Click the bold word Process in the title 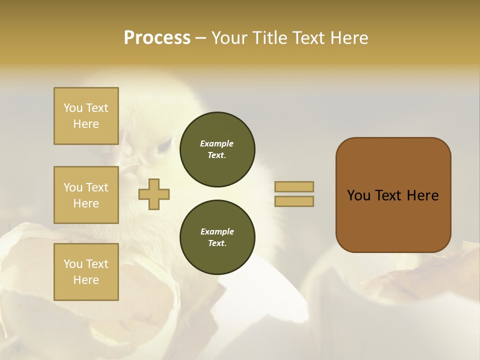pos(157,38)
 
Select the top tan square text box pos(86,116)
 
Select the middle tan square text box pos(86,195)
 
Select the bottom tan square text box pos(86,272)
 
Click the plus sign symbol pos(154,194)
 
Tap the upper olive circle pos(217,149)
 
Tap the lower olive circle pos(217,237)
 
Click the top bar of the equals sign pos(294,186)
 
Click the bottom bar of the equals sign pos(294,201)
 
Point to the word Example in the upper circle pos(217,143)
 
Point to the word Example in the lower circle pos(217,231)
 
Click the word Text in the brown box pos(393,195)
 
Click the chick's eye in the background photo pos(163,145)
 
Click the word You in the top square pos(73,108)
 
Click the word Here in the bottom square pos(86,280)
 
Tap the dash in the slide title pos(201,38)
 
